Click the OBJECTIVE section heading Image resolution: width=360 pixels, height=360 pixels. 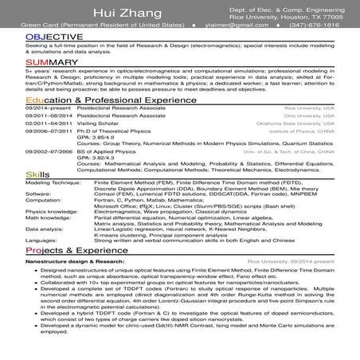53,37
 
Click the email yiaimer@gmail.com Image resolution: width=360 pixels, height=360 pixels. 235,25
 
